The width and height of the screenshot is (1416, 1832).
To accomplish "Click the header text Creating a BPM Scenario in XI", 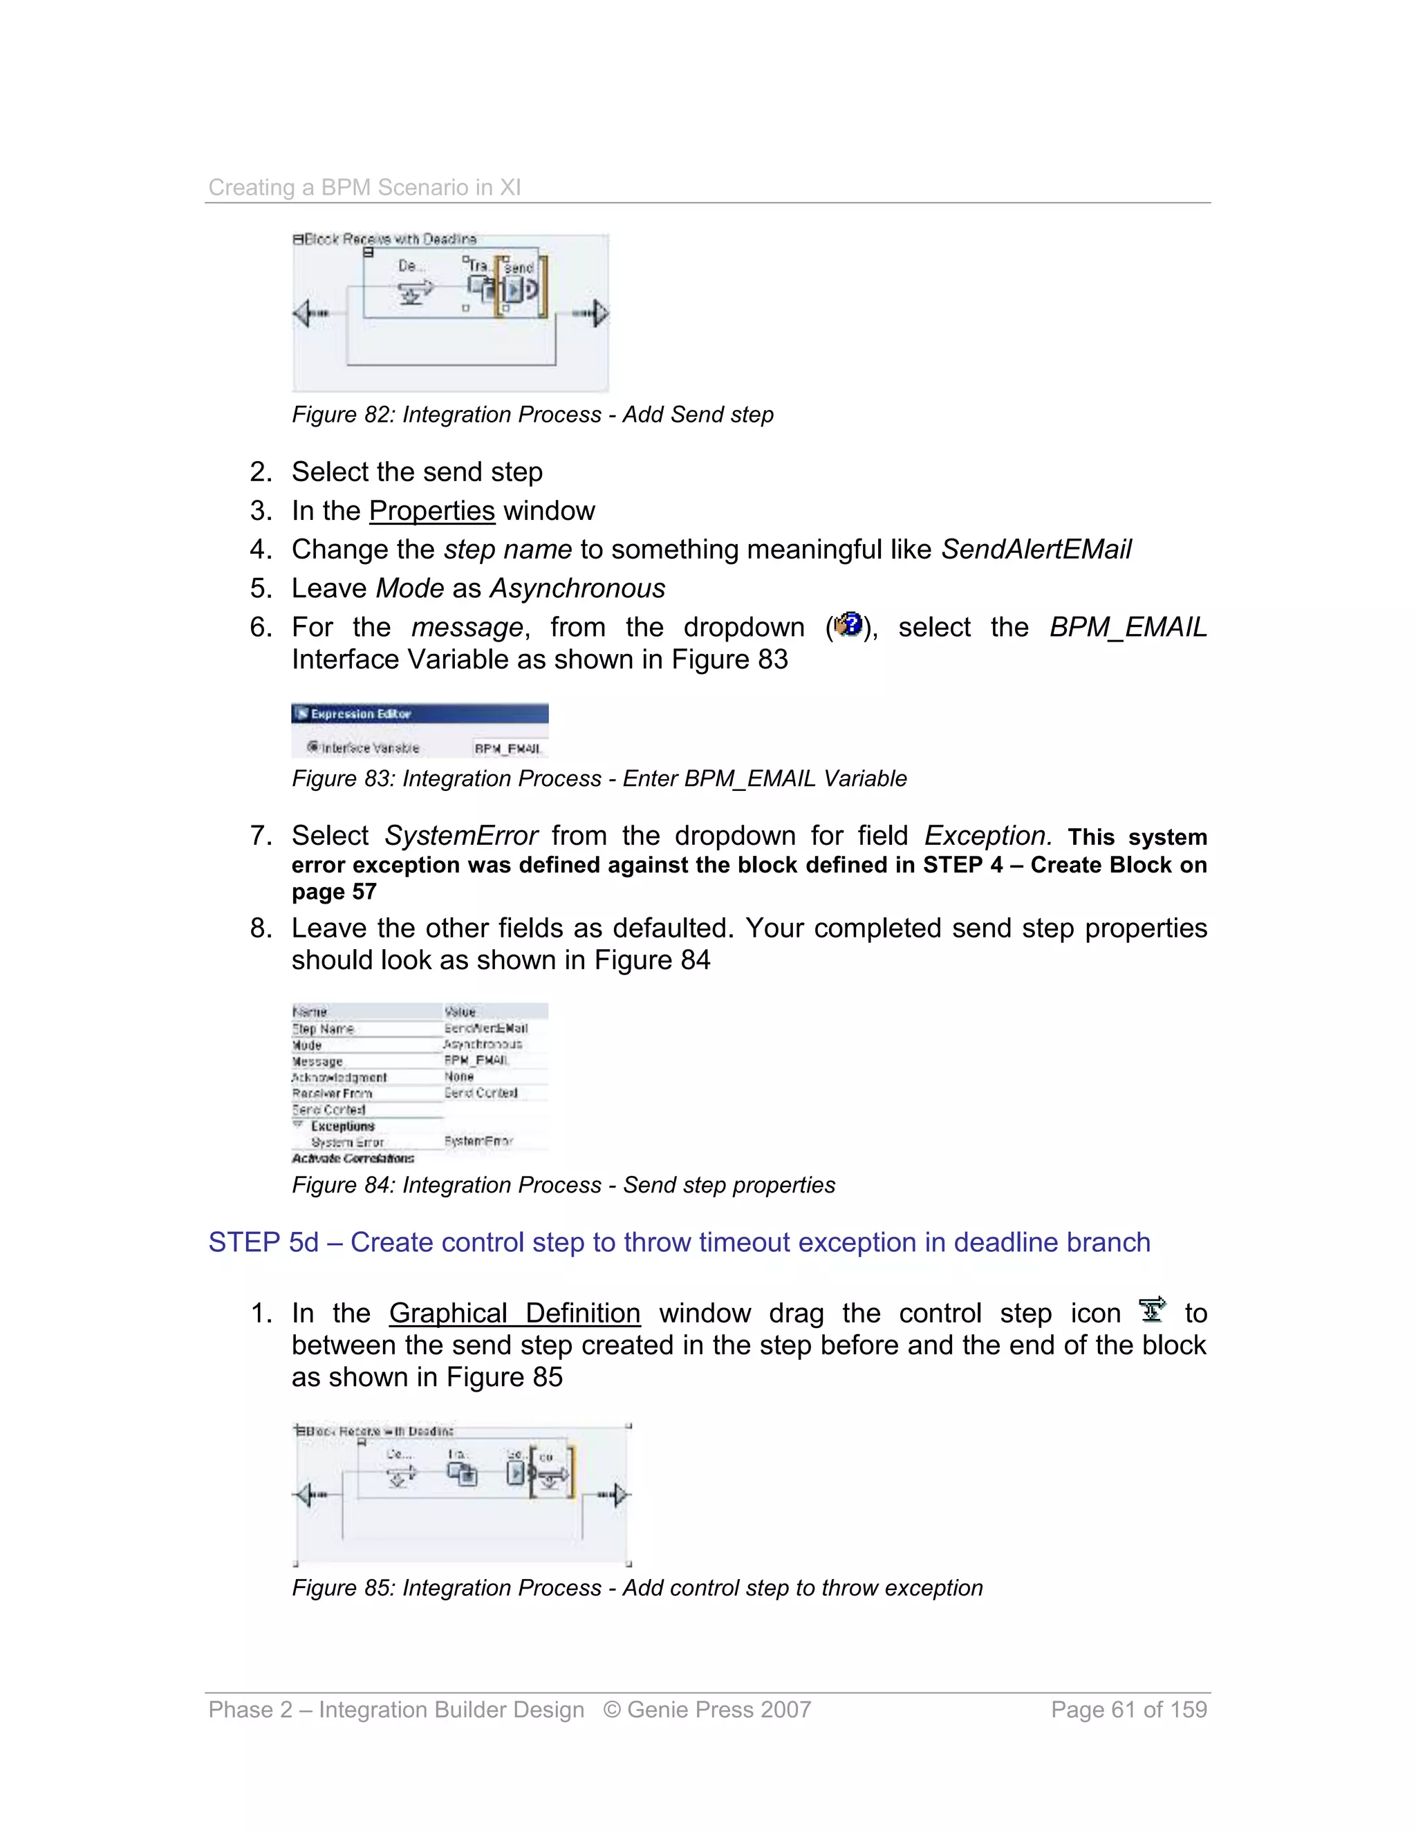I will pyautogui.click(x=364, y=187).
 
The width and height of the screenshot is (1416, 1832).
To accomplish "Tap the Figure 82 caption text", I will pyautogui.click(x=532, y=414).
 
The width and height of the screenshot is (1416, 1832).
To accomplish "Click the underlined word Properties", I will pyautogui.click(x=432, y=511).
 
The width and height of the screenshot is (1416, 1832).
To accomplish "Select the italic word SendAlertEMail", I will pyautogui.click(x=1036, y=550).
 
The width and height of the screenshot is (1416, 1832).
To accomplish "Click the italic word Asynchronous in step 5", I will pyautogui.click(x=577, y=588).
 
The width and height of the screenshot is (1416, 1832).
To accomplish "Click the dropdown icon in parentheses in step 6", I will pyautogui.click(x=849, y=625).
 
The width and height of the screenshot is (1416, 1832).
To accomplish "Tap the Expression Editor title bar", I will pyautogui.click(x=420, y=714).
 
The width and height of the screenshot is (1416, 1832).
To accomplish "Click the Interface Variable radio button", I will pyautogui.click(x=313, y=747).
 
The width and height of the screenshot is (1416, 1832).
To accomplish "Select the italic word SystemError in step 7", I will pyautogui.click(x=460, y=836).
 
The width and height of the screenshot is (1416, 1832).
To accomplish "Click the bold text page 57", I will pyautogui.click(x=334, y=892).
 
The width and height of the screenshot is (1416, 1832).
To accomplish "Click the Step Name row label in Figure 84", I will pyautogui.click(x=323, y=1029).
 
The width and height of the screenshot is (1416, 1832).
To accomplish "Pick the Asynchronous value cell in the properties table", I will pyautogui.click(x=483, y=1045).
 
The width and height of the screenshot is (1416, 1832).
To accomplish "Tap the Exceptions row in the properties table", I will pyautogui.click(x=342, y=1125).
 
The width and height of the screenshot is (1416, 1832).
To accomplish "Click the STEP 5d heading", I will pyautogui.click(x=679, y=1242).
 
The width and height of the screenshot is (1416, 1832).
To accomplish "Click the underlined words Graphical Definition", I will pyautogui.click(x=514, y=1313).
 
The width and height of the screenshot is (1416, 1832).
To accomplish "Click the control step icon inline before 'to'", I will pyautogui.click(x=1153, y=1309).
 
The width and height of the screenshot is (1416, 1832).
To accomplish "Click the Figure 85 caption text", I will pyautogui.click(x=637, y=1588).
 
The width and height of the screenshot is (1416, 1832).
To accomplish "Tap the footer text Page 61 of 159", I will pyautogui.click(x=1128, y=1710).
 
